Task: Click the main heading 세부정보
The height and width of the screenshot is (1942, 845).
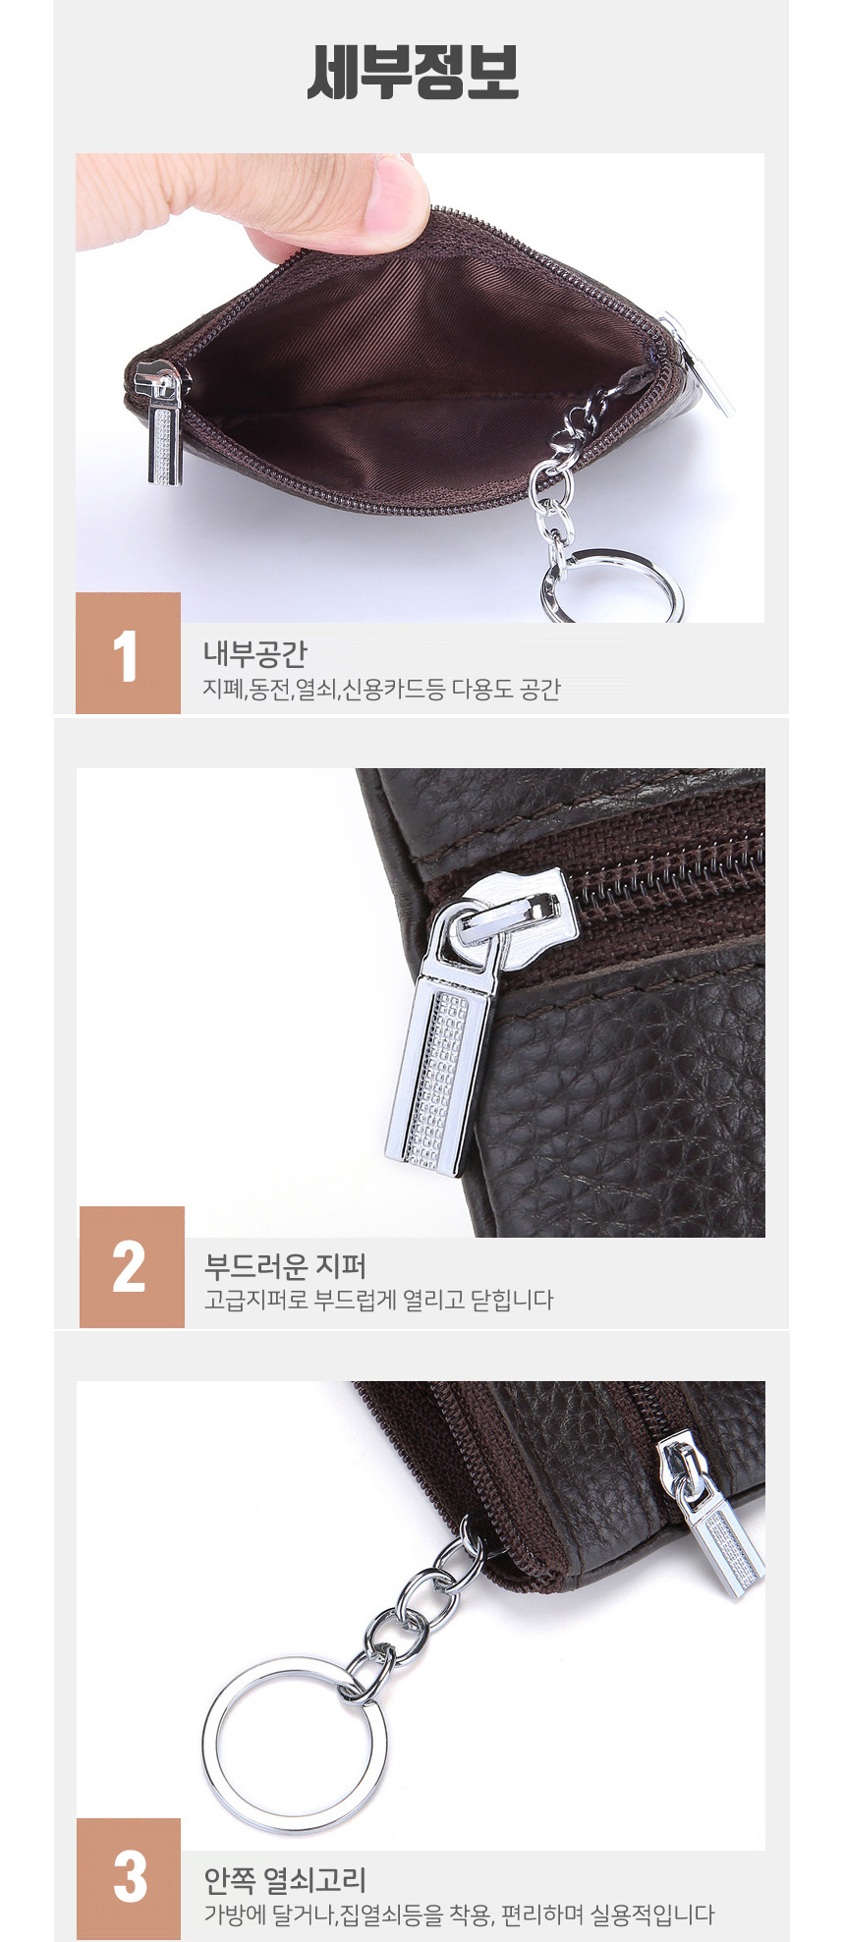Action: pyautogui.click(x=413, y=72)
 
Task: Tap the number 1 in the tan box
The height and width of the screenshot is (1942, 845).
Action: pyautogui.click(x=126, y=656)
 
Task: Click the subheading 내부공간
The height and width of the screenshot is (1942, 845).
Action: pyautogui.click(x=255, y=653)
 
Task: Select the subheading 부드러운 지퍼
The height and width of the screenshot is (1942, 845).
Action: pyautogui.click(x=285, y=1265)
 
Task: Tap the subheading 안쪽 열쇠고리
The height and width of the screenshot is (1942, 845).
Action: pyautogui.click(x=285, y=1880)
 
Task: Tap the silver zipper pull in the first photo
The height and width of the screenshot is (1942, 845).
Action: pyautogui.click(x=163, y=422)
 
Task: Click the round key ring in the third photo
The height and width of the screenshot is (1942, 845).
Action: pyautogui.click(x=295, y=1743)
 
